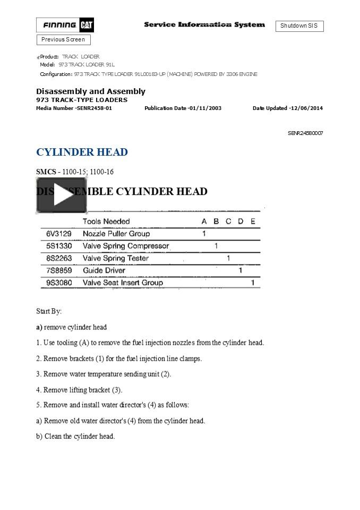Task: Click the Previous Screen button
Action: click(x=63, y=39)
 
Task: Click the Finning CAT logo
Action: click(x=65, y=25)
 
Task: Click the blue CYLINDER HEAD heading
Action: click(x=82, y=152)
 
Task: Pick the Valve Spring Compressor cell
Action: click(x=126, y=246)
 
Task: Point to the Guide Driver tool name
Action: click(x=104, y=270)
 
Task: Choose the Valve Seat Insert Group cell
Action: click(x=123, y=283)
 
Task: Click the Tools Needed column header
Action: click(x=106, y=221)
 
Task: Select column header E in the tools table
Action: click(x=253, y=221)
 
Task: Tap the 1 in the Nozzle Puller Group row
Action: click(x=204, y=234)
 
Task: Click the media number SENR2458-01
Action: click(x=93, y=108)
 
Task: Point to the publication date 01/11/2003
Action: click(x=205, y=108)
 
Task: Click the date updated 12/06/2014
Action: click(x=306, y=108)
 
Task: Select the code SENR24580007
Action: click(x=305, y=133)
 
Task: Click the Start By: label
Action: click(x=49, y=311)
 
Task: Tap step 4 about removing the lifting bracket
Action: click(x=79, y=389)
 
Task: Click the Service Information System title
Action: click(x=204, y=24)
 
